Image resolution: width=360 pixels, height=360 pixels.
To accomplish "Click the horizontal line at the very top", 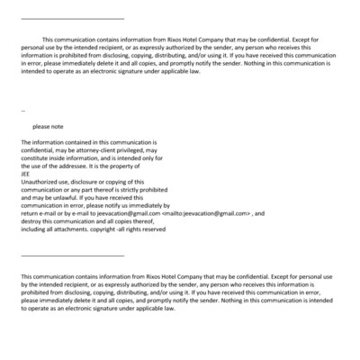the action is coord(72,19).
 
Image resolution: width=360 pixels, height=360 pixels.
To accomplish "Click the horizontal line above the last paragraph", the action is coord(72,256).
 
